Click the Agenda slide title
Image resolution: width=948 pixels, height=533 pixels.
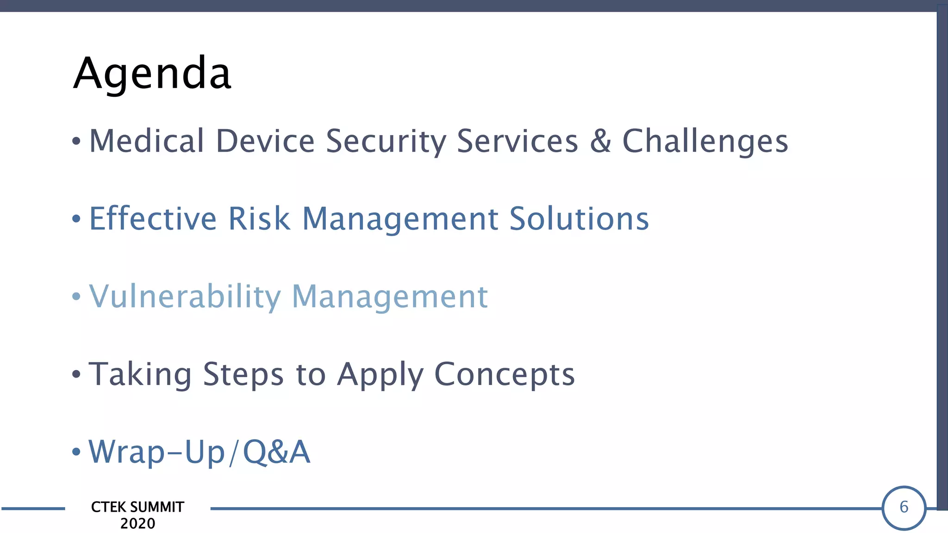[x=152, y=73]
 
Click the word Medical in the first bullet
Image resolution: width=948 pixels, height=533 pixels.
[x=146, y=141]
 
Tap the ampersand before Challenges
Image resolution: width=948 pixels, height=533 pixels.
[x=600, y=141]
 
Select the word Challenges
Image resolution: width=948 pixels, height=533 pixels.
[x=705, y=141]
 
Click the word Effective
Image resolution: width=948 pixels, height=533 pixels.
[x=153, y=218]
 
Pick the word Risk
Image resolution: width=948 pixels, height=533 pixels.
[x=259, y=218]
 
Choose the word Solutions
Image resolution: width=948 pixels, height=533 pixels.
[x=579, y=218]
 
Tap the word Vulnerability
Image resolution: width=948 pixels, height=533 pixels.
[x=185, y=296]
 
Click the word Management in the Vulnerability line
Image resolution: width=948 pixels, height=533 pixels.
[x=390, y=296]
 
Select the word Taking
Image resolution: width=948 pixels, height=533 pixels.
[x=140, y=374]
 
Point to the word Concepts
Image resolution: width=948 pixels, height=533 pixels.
[x=504, y=374]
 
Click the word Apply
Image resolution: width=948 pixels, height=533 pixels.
[x=380, y=374]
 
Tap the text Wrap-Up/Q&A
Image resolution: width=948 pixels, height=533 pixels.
[x=200, y=452]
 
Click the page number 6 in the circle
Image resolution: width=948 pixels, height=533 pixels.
[x=904, y=508]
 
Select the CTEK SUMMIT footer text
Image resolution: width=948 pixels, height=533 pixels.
[x=137, y=507]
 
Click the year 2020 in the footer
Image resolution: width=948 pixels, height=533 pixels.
[x=137, y=524]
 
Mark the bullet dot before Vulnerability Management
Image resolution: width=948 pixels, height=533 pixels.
[x=76, y=296]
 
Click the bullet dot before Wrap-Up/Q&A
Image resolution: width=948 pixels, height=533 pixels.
[x=76, y=452]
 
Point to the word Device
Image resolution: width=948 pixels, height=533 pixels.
[x=265, y=141]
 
